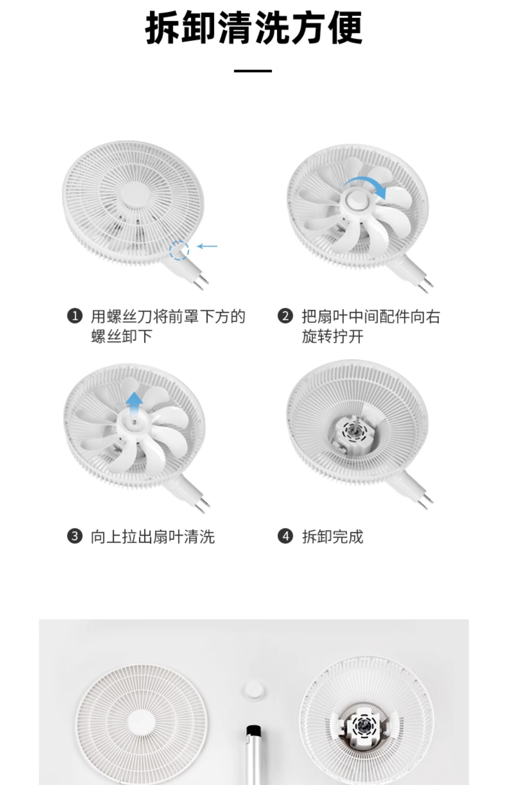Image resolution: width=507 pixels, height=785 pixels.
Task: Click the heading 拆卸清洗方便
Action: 253,28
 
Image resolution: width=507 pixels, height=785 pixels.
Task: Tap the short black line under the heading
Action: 253,71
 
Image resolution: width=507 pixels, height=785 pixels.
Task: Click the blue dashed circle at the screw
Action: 179,250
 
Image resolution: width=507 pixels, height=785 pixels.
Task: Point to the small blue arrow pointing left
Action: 207,246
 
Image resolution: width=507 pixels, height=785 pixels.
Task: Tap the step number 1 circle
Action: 75,316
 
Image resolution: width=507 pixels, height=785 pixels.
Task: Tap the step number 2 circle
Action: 285,316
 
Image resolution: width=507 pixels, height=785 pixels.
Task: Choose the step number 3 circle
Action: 75,536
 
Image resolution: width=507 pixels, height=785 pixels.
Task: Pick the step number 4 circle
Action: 285,536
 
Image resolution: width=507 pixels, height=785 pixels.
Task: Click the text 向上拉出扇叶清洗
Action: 153,536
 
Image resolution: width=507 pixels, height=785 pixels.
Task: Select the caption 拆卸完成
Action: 332,536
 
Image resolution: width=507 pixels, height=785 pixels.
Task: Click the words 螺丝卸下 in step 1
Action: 121,336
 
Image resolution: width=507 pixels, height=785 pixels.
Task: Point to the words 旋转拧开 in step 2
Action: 332,336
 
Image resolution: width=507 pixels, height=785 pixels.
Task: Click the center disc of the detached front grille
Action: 141,723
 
